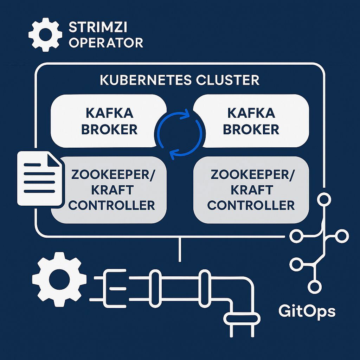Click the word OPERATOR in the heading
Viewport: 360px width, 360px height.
pyautogui.click(x=106, y=43)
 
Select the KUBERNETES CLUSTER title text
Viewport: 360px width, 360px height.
pyautogui.click(x=180, y=80)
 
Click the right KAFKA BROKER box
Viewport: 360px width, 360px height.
pyautogui.click(x=251, y=121)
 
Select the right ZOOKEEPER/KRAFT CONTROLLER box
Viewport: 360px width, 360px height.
pyautogui.click(x=251, y=190)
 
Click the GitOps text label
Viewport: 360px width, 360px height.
pyautogui.click(x=307, y=311)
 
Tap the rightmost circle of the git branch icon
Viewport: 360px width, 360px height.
pyautogui.click(x=341, y=236)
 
